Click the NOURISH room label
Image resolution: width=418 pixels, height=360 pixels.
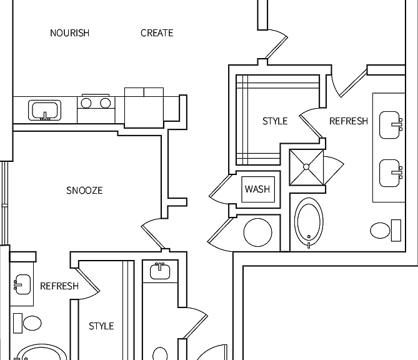[x=69, y=33]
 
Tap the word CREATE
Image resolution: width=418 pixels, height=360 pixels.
[x=157, y=33]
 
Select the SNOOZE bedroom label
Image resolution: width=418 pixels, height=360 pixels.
[x=84, y=191]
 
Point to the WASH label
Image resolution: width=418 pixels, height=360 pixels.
[x=257, y=189]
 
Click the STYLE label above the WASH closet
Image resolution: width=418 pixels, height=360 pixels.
[x=275, y=121]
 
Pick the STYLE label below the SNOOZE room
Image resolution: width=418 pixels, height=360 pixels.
[x=101, y=326]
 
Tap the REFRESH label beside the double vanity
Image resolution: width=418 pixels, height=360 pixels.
[x=349, y=121]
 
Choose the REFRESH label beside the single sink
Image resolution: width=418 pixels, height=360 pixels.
[x=59, y=286]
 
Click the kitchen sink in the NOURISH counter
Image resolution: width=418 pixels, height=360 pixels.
[x=45, y=110]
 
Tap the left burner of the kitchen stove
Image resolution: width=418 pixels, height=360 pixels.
[x=86, y=103]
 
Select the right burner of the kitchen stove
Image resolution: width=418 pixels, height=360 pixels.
[x=106, y=103]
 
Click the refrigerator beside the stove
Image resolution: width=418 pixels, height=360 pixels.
[x=144, y=107]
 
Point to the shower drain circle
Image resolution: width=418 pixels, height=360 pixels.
[x=306, y=167]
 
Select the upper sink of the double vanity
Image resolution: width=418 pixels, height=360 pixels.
[x=391, y=125]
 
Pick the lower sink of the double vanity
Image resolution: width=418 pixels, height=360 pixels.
[x=391, y=173]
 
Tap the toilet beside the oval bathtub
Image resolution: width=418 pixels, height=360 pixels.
[x=386, y=231]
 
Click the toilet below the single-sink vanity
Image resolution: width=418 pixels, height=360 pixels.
[x=27, y=323]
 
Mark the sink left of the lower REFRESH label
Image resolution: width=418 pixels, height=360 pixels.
[x=22, y=284]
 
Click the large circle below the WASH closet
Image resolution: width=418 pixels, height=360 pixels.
[x=258, y=232]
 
